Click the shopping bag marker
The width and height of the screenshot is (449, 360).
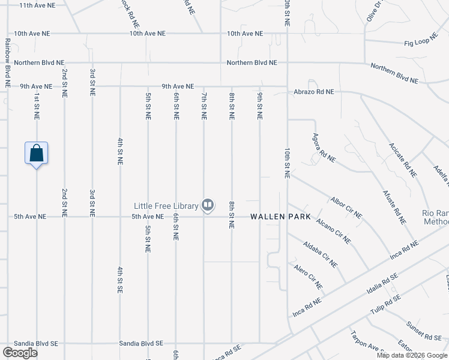click(x=37, y=153)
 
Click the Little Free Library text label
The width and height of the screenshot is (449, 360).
click(x=166, y=206)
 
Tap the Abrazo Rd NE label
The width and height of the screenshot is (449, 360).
click(x=313, y=92)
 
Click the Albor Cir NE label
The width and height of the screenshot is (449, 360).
click(x=346, y=206)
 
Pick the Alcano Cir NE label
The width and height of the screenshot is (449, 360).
click(x=333, y=230)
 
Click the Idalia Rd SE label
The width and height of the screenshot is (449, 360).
click(x=382, y=285)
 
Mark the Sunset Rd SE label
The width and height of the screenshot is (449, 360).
click(x=424, y=330)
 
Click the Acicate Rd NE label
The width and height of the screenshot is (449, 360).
click(x=402, y=160)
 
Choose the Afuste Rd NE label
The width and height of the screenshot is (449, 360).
click(x=394, y=207)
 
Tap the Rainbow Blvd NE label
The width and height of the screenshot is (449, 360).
click(x=8, y=64)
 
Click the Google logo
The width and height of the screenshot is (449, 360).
click(x=20, y=353)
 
